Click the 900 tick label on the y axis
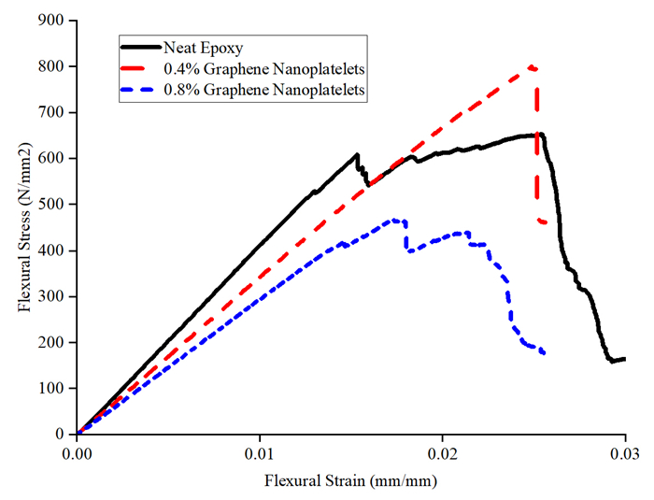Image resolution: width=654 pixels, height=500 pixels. point(50,21)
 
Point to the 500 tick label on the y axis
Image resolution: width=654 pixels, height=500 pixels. point(50,205)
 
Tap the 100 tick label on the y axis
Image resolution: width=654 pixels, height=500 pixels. point(50,388)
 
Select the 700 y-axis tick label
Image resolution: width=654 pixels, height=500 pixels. point(50,113)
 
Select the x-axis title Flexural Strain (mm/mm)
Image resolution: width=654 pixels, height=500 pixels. point(350,482)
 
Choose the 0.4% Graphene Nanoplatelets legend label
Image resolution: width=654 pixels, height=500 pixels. point(263,68)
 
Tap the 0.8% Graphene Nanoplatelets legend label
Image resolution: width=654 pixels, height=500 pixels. point(263,90)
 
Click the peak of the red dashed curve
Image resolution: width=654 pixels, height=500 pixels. point(532,66)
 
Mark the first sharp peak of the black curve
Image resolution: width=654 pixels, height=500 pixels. point(357,155)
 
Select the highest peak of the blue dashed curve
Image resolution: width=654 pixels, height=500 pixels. point(397,221)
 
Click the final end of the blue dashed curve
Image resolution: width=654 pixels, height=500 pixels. point(544,352)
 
